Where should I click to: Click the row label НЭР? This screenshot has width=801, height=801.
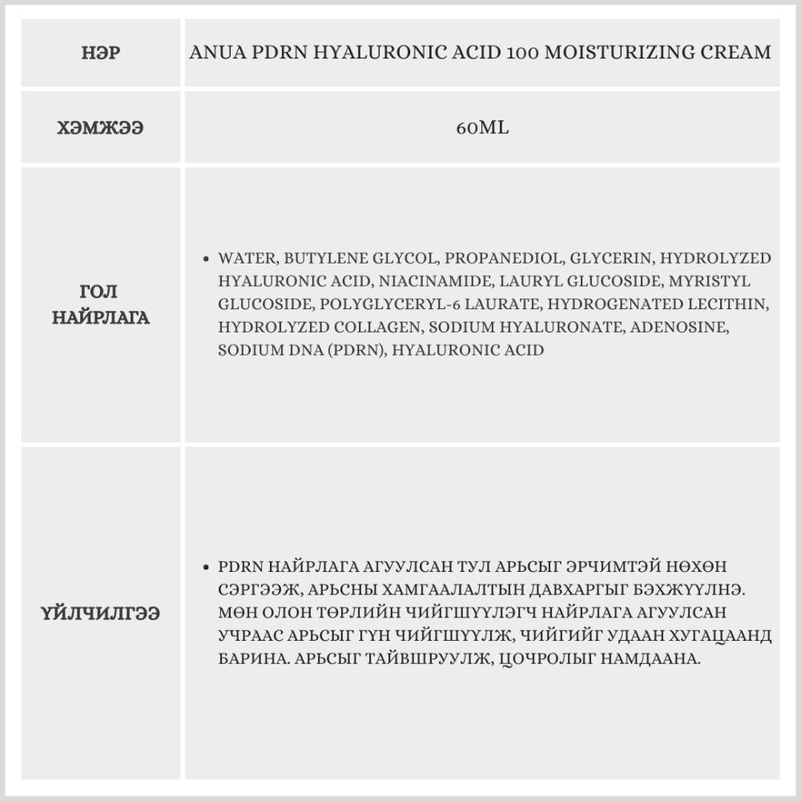tap(101, 54)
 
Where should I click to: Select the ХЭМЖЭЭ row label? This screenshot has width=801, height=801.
tap(101, 128)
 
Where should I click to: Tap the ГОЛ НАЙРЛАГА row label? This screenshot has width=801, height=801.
tap(101, 304)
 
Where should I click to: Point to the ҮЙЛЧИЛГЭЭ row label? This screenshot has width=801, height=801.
tap(101, 614)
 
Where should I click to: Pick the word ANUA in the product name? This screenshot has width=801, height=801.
tap(213, 54)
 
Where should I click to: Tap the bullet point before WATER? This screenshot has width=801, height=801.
tap(207, 260)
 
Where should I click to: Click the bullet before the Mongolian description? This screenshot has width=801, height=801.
tap(207, 566)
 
